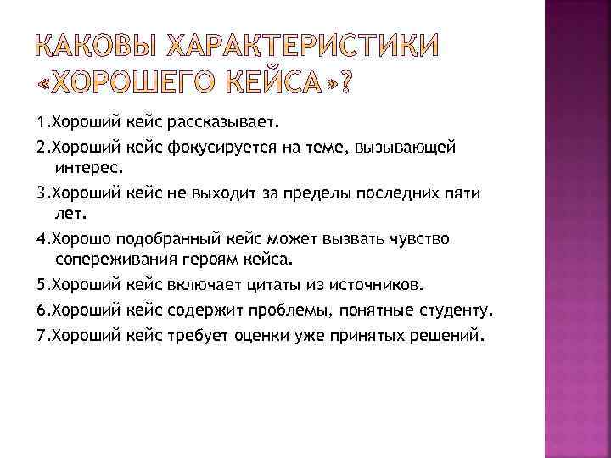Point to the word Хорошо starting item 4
pos(81,237)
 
